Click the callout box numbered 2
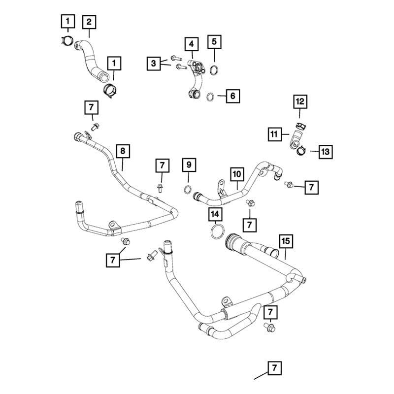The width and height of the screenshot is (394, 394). click(x=89, y=22)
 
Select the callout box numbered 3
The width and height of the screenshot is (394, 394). click(x=154, y=63)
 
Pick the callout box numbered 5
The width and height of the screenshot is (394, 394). click(x=214, y=41)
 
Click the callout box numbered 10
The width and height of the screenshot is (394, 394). click(x=237, y=174)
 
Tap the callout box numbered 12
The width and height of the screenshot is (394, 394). click(x=300, y=102)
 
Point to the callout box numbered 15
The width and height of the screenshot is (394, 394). click(x=286, y=241)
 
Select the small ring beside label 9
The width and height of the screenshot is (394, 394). click(x=188, y=190)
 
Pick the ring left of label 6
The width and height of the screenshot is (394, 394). click(x=210, y=96)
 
